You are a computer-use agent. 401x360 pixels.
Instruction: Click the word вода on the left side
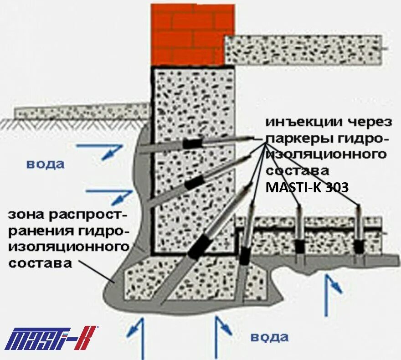[45, 164]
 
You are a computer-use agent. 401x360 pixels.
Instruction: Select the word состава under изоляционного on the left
[41, 263]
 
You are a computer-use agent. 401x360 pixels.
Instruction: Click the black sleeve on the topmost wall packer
[193, 144]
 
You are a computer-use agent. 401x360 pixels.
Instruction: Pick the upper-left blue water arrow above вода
[103, 150]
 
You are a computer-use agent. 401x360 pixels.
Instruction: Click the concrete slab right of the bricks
[303, 50]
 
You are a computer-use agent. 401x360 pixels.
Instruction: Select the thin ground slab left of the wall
[82, 111]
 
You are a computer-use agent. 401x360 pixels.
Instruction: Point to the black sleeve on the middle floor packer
[299, 246]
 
